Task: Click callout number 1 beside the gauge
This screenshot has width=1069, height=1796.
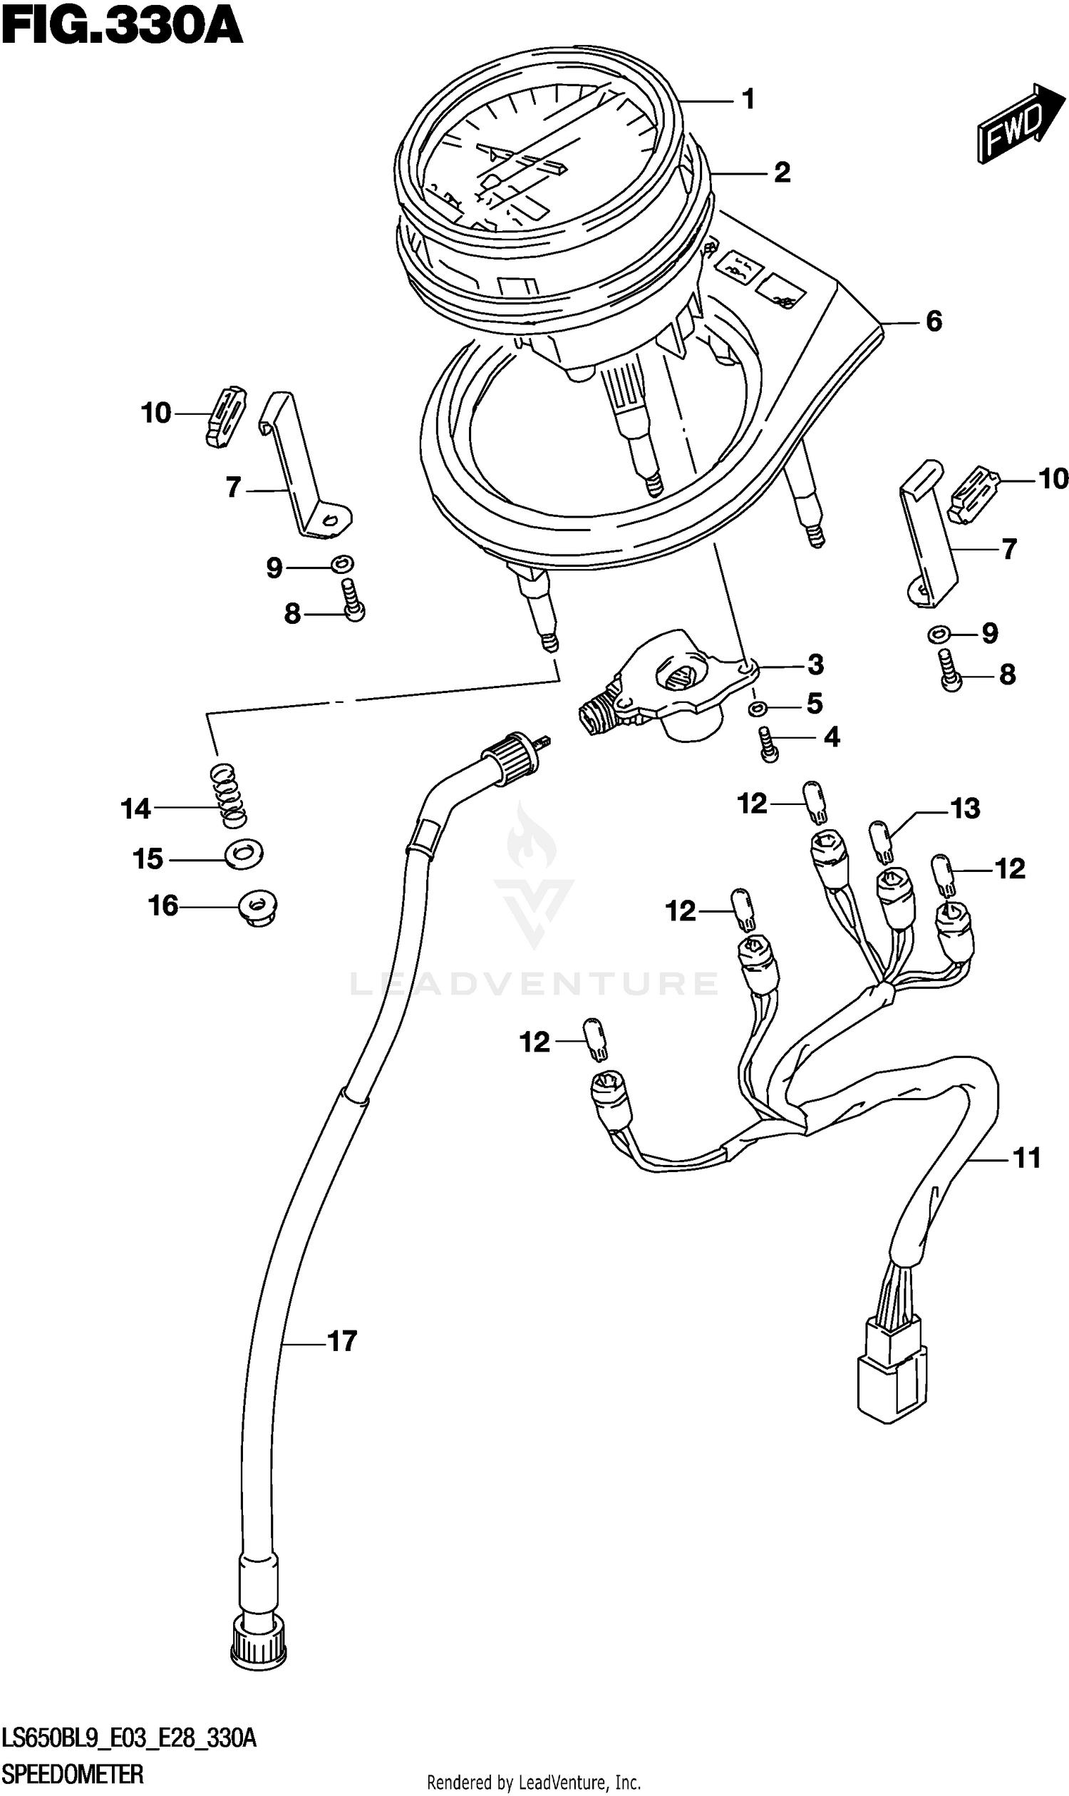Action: pyautogui.click(x=748, y=99)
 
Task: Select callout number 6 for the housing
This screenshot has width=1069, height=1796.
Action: pyautogui.click(x=934, y=321)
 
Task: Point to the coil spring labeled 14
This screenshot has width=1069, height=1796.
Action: pyautogui.click(x=229, y=795)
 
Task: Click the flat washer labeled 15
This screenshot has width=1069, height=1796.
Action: pyautogui.click(x=244, y=854)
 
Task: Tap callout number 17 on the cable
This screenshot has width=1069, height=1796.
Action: pyautogui.click(x=342, y=1341)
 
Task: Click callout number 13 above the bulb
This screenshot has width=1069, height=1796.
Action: pyautogui.click(x=965, y=809)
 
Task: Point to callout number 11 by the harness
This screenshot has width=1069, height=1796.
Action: pyautogui.click(x=1026, y=1158)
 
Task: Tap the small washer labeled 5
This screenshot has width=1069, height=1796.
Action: pyautogui.click(x=755, y=709)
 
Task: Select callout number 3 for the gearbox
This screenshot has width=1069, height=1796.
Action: pyautogui.click(x=815, y=664)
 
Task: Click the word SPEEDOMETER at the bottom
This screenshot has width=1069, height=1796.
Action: pyautogui.click(x=73, y=1775)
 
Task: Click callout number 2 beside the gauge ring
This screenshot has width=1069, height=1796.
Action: pyautogui.click(x=782, y=173)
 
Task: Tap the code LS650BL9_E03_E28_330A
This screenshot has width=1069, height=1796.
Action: pyautogui.click(x=129, y=1738)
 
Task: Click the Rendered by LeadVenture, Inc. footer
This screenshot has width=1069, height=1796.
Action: pyautogui.click(x=534, y=1783)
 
